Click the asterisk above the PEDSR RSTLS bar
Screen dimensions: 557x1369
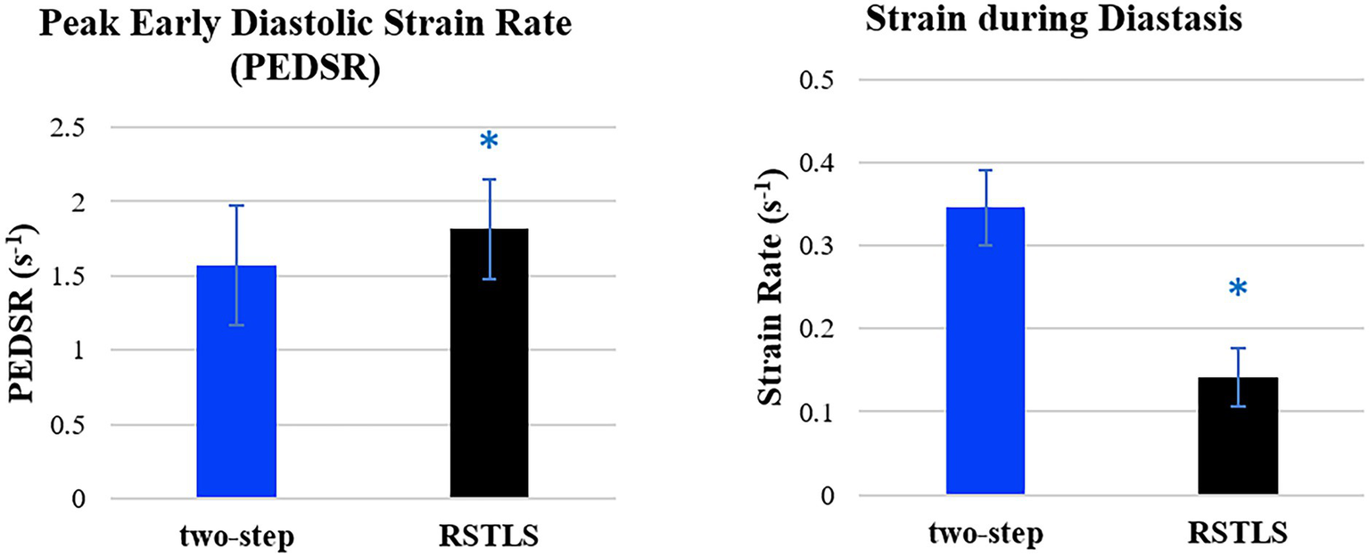[488, 142]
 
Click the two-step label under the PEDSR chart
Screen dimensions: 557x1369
[236, 538]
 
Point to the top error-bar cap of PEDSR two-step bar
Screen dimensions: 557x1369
[236, 206]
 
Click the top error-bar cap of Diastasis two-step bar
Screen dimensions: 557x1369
[986, 170]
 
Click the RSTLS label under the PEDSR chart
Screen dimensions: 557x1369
[489, 538]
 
